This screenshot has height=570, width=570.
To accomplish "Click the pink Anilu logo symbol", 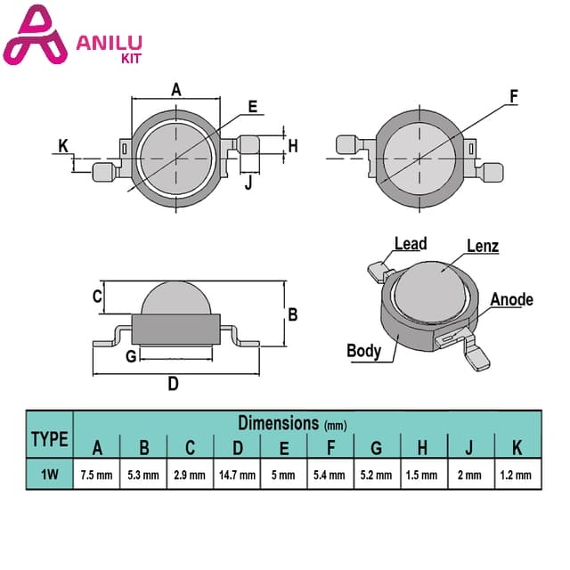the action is [x=35, y=37].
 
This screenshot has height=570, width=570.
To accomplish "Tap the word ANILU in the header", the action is [x=109, y=43].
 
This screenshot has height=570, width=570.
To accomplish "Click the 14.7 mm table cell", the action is [x=237, y=475].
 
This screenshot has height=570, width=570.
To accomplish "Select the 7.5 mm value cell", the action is [x=97, y=475].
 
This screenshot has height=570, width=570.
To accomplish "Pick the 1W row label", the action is [x=50, y=475].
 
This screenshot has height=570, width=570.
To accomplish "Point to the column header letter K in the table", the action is [x=517, y=447].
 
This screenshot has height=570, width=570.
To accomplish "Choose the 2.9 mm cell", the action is [x=190, y=475].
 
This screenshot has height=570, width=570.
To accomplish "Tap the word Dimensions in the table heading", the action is [x=279, y=423].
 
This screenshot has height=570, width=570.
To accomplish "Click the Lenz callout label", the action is [x=483, y=246].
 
